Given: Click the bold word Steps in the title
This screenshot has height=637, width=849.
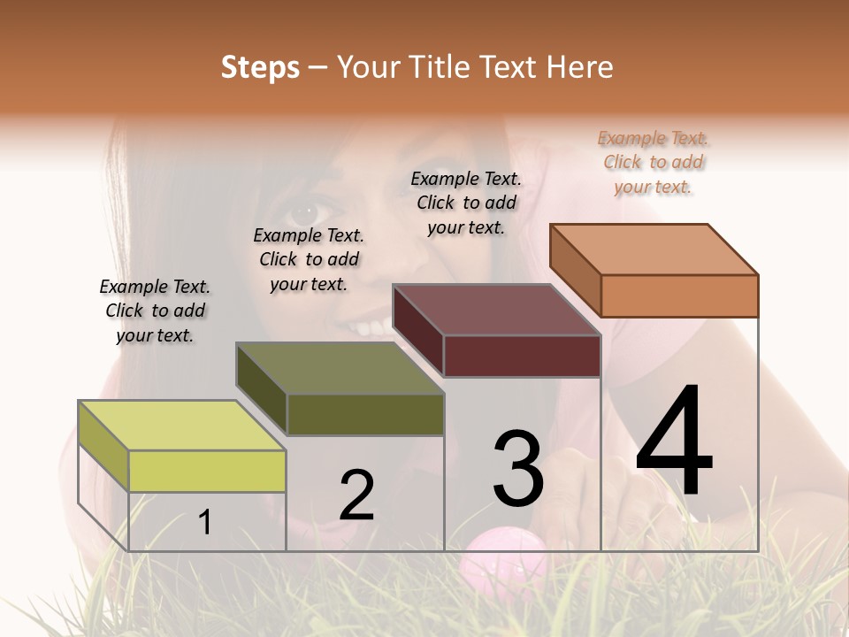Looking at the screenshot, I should tap(260, 67).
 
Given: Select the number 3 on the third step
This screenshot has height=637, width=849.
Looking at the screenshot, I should tap(518, 469).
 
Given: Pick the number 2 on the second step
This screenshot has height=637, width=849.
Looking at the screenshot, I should tap(356, 495).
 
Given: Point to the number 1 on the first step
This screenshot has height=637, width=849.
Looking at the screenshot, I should tap(205, 522).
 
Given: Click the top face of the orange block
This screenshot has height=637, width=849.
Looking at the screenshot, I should tap(654, 249).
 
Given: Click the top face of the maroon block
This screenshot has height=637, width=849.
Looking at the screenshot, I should tap(497, 310).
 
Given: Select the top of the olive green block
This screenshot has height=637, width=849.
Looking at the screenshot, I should tap(340, 368).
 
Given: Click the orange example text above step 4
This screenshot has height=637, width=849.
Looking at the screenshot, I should tap(654, 163).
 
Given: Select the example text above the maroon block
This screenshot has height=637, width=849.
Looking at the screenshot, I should tap(466, 203).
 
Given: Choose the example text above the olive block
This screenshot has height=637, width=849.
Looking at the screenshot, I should tap(309, 259).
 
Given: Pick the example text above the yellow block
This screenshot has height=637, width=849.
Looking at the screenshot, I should tap(155, 311).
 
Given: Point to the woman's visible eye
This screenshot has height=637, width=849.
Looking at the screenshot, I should tap(305, 212).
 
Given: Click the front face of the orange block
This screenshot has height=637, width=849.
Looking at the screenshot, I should tap(679, 295).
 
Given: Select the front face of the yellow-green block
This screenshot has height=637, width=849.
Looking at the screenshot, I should tap(207, 471).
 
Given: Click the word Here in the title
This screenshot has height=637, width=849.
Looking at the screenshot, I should tap(579, 67).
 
